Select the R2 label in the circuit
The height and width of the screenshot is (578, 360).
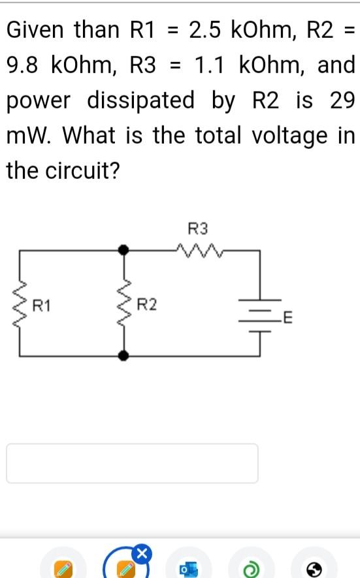click(147, 304)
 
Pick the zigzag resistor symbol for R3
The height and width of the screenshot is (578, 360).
click(199, 249)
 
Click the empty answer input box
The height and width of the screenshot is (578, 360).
click(132, 463)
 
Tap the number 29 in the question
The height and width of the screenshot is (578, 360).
click(342, 101)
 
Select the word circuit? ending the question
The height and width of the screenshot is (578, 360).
click(82, 171)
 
